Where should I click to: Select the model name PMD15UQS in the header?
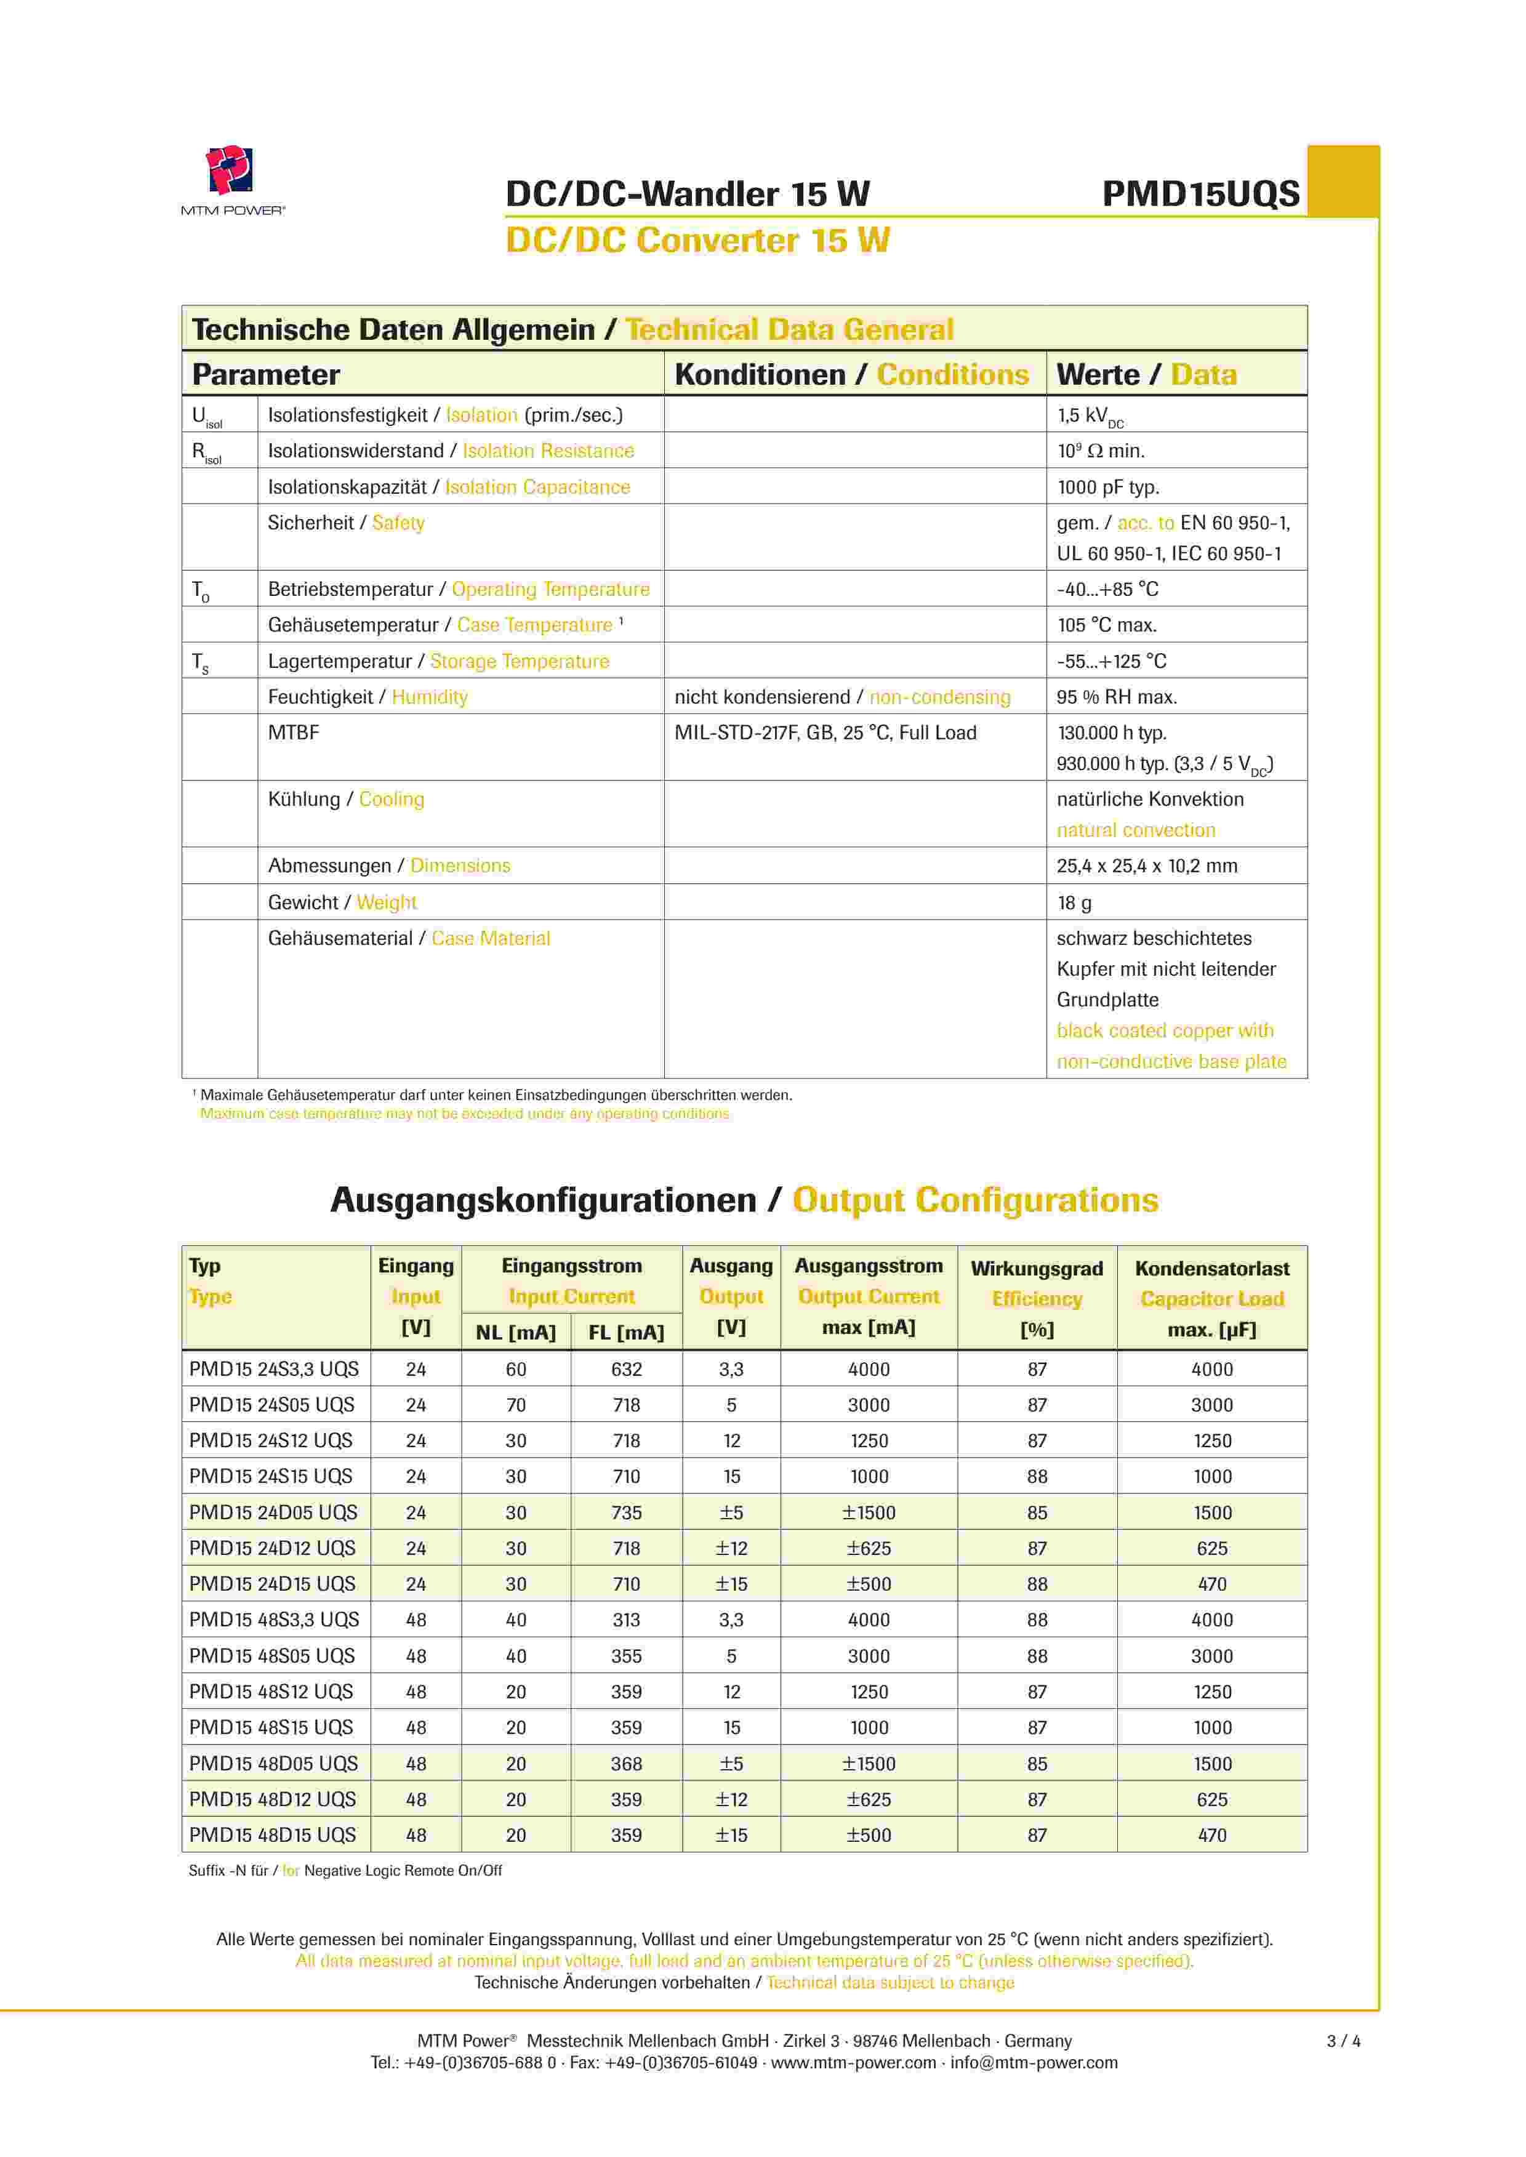[x=1200, y=195]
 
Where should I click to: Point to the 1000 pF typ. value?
[x=1108, y=487]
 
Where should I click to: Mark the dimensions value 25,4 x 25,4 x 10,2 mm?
[x=1146, y=866]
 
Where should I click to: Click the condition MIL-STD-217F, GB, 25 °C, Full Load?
[x=825, y=733]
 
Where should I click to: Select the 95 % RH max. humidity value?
[x=1116, y=697]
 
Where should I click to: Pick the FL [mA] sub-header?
[x=626, y=1332]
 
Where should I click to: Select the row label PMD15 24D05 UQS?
[x=273, y=1512]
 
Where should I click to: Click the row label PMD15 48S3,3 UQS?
[x=273, y=1620]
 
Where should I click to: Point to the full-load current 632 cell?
[x=626, y=1369]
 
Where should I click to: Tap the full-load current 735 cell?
[x=626, y=1512]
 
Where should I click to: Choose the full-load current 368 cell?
[x=626, y=1764]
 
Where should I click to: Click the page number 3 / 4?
[x=1343, y=2041]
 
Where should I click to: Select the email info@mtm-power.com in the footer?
[x=1034, y=2062]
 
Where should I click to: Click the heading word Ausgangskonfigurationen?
[x=543, y=1200]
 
